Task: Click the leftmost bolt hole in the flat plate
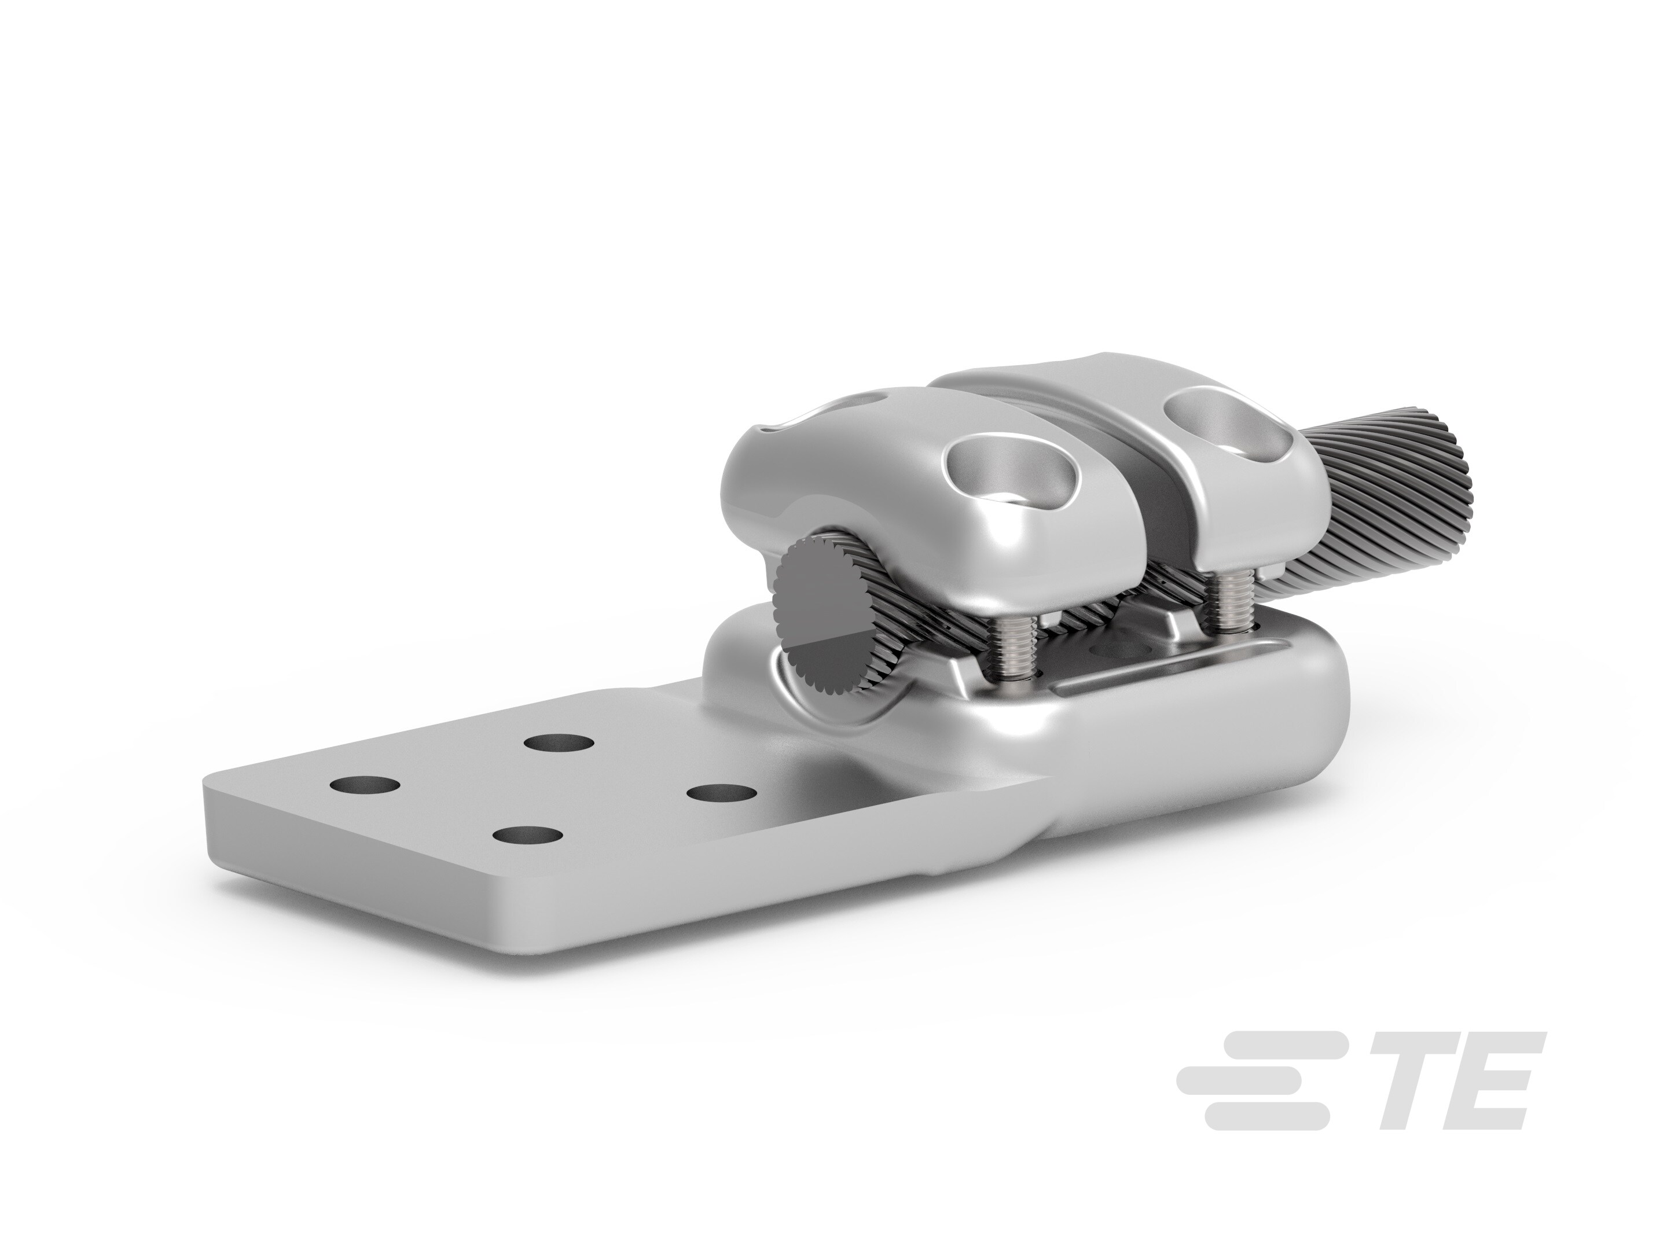click(x=365, y=785)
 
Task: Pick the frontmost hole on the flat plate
click(x=530, y=836)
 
